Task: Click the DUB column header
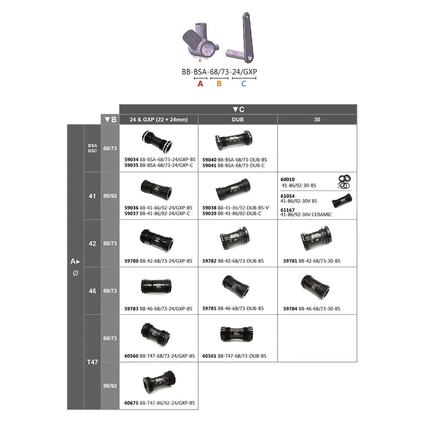(x=238, y=120)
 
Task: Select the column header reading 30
(x=317, y=120)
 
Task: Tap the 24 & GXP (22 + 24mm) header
(x=159, y=120)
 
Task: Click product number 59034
(x=132, y=160)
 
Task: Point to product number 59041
(x=209, y=165)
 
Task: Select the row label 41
(x=92, y=196)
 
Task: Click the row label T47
(x=92, y=362)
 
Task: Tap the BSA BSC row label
(x=92, y=148)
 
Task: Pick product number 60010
(x=288, y=179)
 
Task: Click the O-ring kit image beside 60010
(x=344, y=181)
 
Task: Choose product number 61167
(x=288, y=210)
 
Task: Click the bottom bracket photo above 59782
(x=235, y=238)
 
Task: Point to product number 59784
(x=290, y=309)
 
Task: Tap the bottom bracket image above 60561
(x=236, y=333)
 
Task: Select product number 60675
(x=132, y=403)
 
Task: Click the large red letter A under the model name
(x=200, y=84)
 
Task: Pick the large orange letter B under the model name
(x=219, y=84)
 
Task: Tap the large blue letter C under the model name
(x=244, y=84)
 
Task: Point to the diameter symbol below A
(x=76, y=273)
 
